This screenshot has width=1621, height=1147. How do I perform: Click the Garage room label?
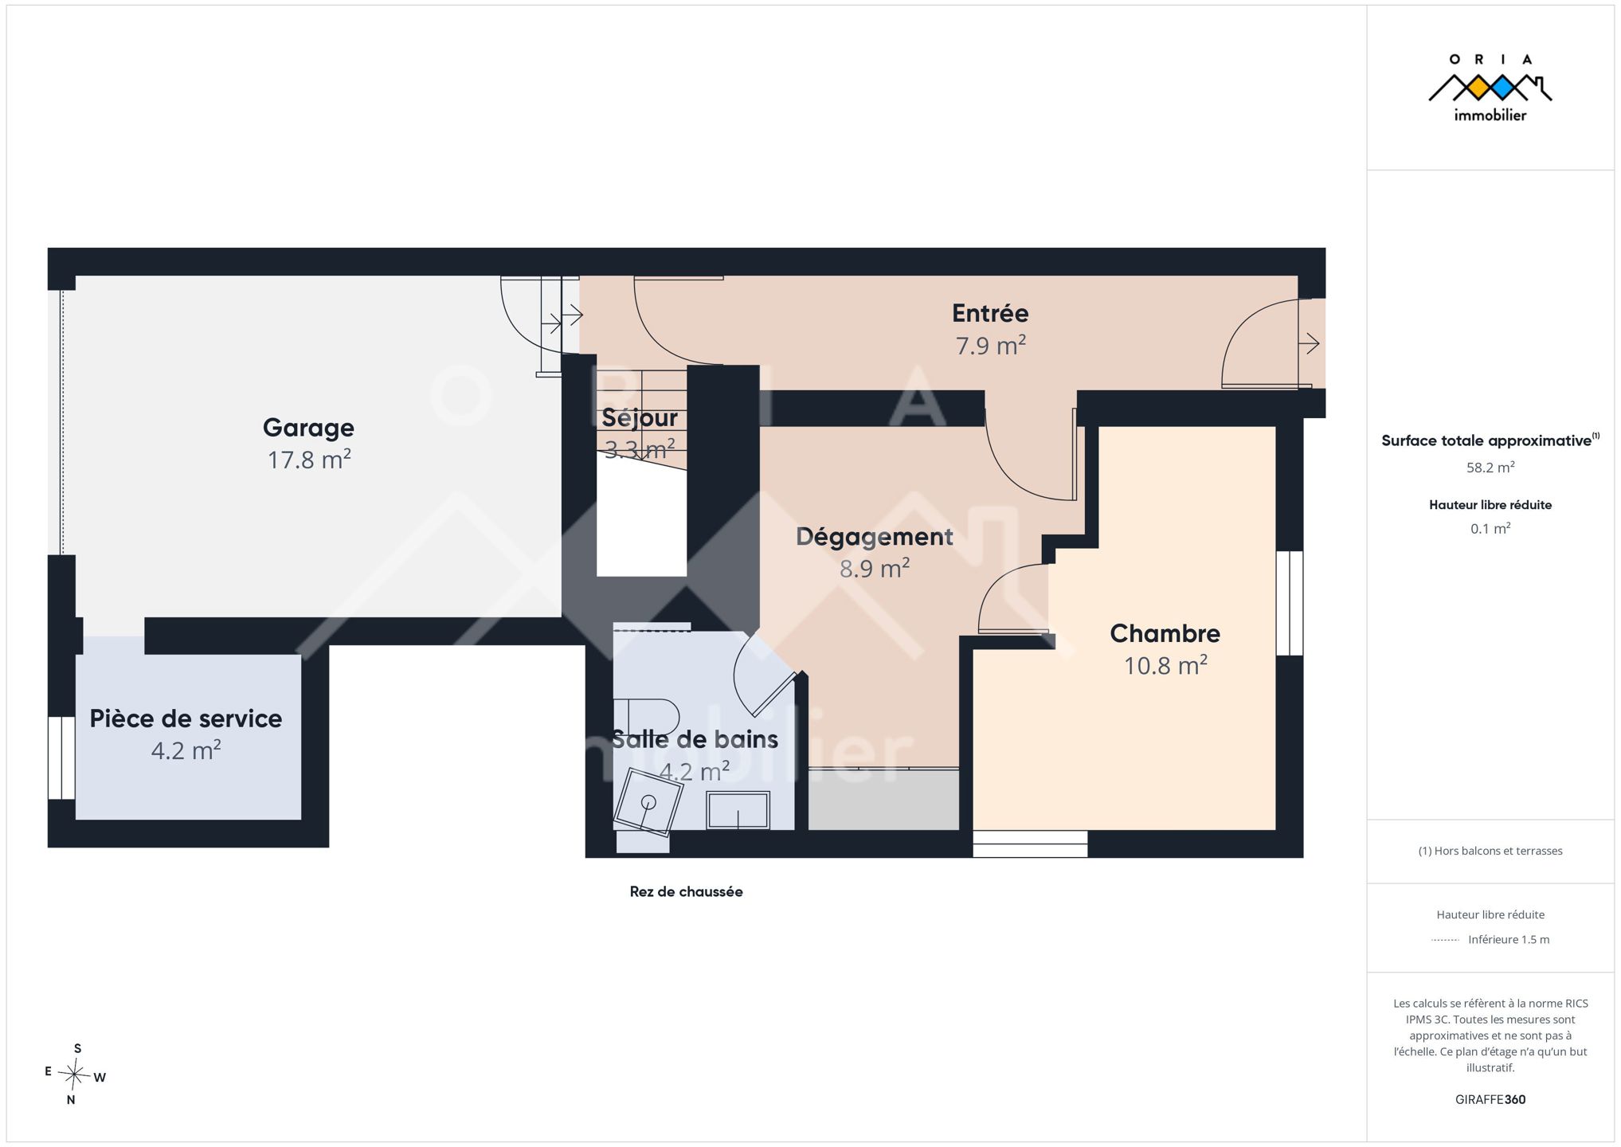308,428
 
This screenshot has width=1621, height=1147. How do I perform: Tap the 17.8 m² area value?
309,460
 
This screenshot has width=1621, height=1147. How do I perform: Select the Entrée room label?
990,313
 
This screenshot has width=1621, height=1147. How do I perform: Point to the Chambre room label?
1165,633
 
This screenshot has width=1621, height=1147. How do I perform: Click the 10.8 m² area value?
1165,665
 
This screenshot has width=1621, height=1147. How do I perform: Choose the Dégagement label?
875,537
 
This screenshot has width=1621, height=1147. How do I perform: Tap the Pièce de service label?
186,718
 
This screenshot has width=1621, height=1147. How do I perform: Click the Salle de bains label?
695,739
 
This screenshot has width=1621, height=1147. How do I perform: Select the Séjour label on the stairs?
640,417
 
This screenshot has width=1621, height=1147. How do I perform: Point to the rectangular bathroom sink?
738,810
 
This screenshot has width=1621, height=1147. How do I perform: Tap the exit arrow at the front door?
1309,344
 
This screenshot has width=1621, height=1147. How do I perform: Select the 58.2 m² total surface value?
1490,468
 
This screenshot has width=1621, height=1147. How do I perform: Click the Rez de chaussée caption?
686,892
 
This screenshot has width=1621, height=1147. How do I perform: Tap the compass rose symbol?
74,1075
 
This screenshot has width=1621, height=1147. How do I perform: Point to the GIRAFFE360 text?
1490,1099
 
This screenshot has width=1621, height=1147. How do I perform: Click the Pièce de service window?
61,757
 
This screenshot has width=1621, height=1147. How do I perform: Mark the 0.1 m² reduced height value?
1490,529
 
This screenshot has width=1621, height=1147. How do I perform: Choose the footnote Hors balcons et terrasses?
1490,851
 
